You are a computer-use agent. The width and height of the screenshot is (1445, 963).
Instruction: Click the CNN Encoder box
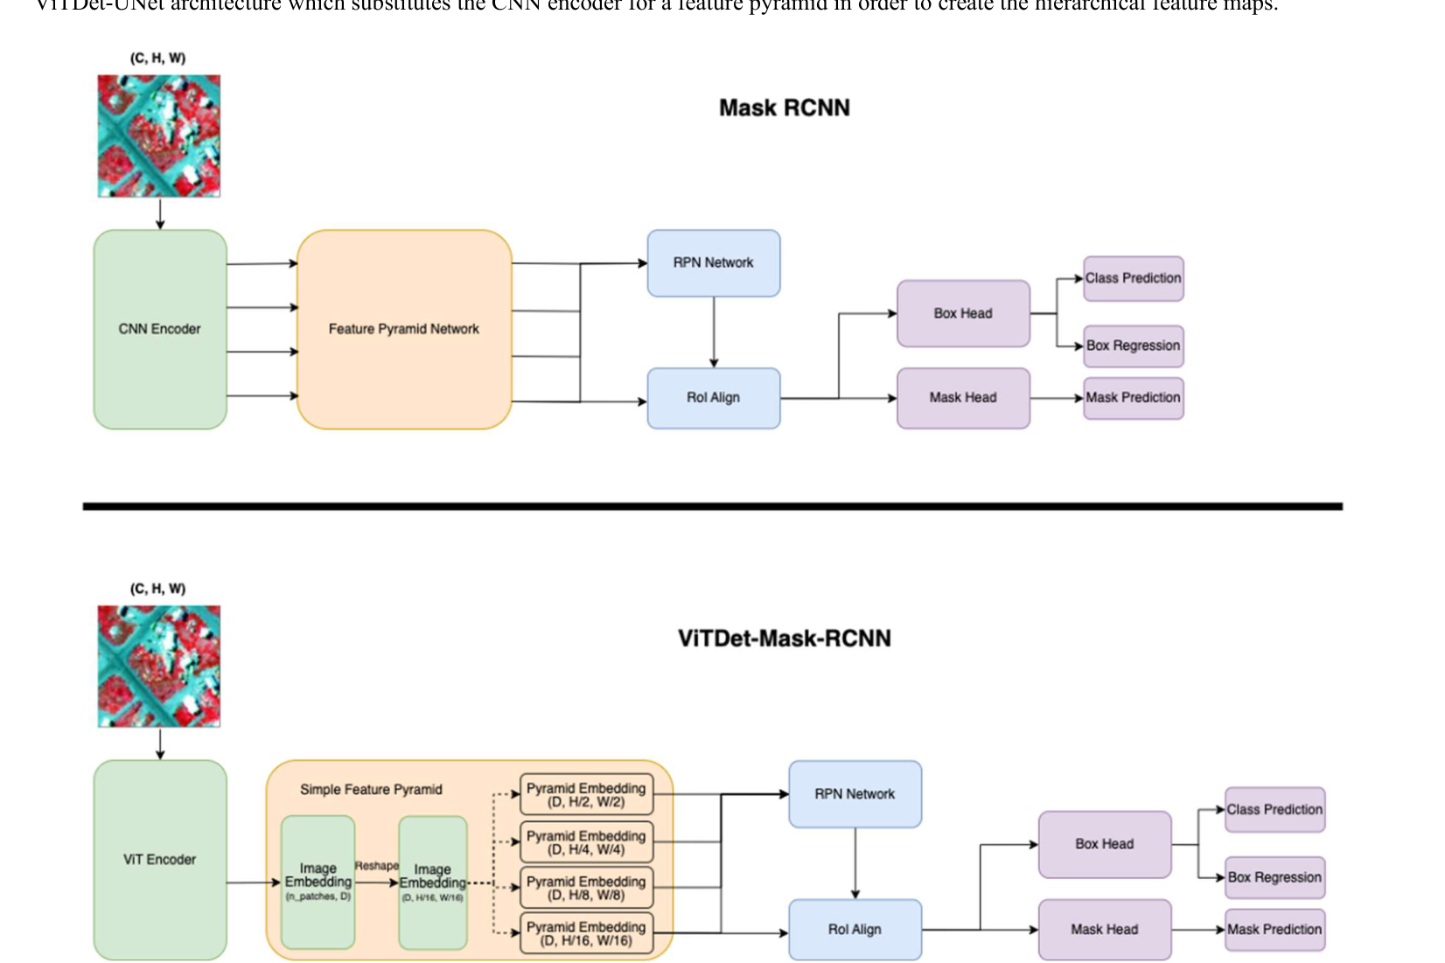(160, 329)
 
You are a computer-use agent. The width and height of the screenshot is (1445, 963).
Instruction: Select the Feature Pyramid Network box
(403, 329)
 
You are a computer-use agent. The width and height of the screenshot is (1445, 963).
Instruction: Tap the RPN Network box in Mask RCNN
(713, 262)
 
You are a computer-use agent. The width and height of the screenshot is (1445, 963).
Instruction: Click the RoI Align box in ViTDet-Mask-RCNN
(855, 929)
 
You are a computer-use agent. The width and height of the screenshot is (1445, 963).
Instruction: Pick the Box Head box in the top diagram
(963, 313)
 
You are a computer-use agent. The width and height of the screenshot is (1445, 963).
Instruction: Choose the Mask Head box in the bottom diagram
(1104, 929)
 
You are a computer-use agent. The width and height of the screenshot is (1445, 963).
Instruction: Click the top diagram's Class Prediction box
(1133, 278)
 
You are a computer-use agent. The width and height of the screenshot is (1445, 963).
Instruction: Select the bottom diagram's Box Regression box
(1274, 877)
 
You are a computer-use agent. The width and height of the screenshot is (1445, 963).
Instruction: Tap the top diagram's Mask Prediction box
(1133, 397)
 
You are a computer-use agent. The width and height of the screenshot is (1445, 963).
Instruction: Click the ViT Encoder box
(160, 859)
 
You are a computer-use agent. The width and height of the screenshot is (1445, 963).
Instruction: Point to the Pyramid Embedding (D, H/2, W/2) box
(586, 794)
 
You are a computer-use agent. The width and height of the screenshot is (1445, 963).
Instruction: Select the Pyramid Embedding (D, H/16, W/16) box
(586, 933)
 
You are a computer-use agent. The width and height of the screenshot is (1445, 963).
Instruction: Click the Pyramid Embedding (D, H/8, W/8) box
(586, 888)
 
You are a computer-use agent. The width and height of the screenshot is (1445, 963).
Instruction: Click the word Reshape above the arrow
(376, 866)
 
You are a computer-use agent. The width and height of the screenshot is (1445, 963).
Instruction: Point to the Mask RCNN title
(784, 108)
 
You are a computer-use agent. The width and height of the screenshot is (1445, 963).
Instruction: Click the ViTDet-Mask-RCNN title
(784, 639)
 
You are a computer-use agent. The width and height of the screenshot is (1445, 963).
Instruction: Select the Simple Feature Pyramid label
(371, 789)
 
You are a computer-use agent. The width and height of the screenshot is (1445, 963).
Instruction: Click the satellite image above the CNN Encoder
(159, 136)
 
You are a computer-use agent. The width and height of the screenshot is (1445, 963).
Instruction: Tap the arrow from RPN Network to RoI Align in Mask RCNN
(714, 332)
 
